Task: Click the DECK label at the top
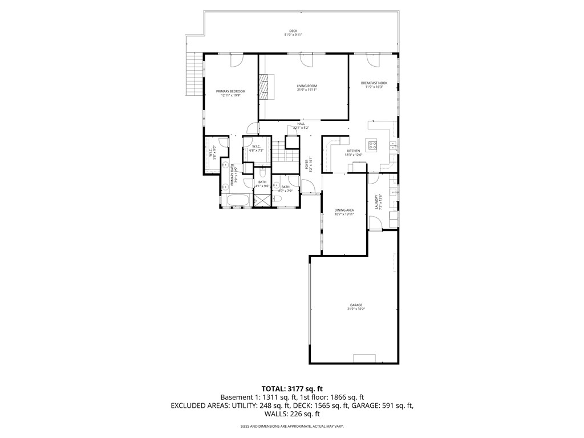[x=293, y=31]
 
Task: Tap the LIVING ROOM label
[x=306, y=86]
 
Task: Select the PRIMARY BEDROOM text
[x=230, y=91]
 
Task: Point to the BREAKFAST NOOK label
[x=374, y=83]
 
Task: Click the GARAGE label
[x=356, y=305]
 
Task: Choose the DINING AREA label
[x=344, y=210]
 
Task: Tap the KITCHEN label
[x=354, y=151]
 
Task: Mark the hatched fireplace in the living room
[x=263, y=87]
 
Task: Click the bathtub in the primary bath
[x=236, y=200]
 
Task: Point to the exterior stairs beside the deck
[x=194, y=75]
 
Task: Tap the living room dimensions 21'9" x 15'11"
[x=306, y=90]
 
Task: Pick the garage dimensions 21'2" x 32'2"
[x=356, y=309]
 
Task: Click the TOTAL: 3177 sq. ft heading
[x=291, y=388]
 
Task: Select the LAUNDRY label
[x=376, y=202]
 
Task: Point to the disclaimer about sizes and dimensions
[x=291, y=426]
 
